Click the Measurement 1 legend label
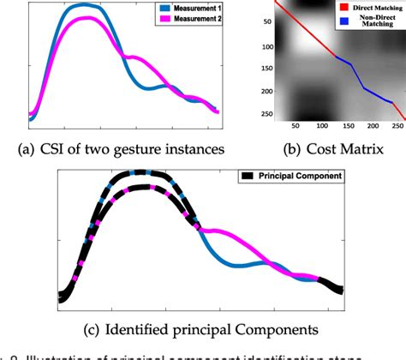point(193,9)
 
